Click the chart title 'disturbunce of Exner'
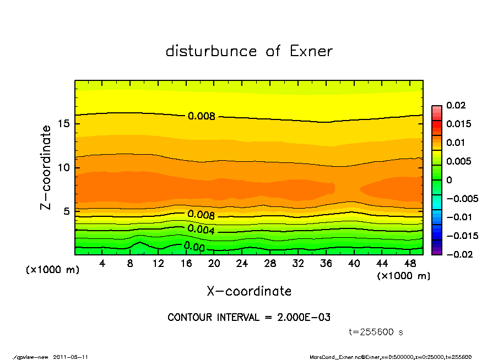pos(249,51)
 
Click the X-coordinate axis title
pos(249,291)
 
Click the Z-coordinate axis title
pos(46,167)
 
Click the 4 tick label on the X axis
pos(102,264)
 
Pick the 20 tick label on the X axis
pos(214,264)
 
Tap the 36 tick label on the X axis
pos(326,264)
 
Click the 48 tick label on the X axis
pos(410,264)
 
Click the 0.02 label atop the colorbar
pos(456,105)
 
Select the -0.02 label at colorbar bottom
pos(458,254)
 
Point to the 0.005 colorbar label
pos(458,161)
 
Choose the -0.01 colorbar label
pos(458,217)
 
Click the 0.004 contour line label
pos(201,229)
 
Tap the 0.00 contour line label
pos(194,247)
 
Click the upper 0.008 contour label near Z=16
pos(201,116)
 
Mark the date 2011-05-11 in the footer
pos(71,357)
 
